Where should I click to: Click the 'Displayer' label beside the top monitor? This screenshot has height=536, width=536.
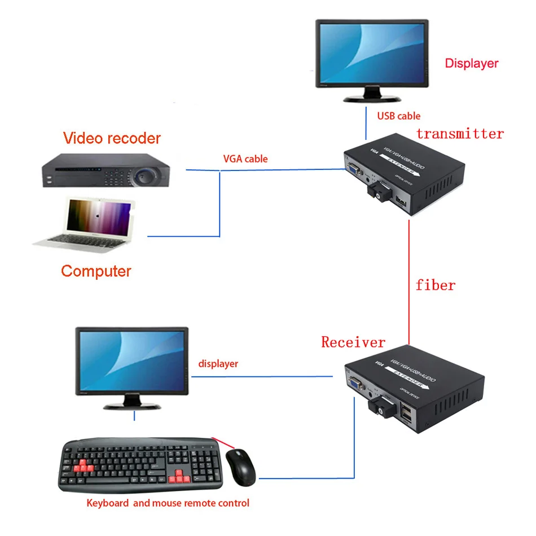[x=472, y=63]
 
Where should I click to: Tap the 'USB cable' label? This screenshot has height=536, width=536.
[x=399, y=116]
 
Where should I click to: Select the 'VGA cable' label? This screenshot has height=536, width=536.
[x=245, y=159]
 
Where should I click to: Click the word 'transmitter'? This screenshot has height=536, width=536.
[x=460, y=134]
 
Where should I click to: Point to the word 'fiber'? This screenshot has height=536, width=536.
[x=435, y=285]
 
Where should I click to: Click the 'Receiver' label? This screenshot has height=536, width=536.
[x=353, y=342]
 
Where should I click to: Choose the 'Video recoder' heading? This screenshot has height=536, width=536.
[x=112, y=138]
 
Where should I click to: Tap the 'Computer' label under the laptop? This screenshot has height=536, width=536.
[x=96, y=271]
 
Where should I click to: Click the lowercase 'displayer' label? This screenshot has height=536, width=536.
[x=218, y=364]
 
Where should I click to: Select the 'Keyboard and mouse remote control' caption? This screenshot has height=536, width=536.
[x=168, y=503]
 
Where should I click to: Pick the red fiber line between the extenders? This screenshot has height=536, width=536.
[x=407, y=282]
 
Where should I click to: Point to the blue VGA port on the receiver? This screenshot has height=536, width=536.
[x=355, y=385]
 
